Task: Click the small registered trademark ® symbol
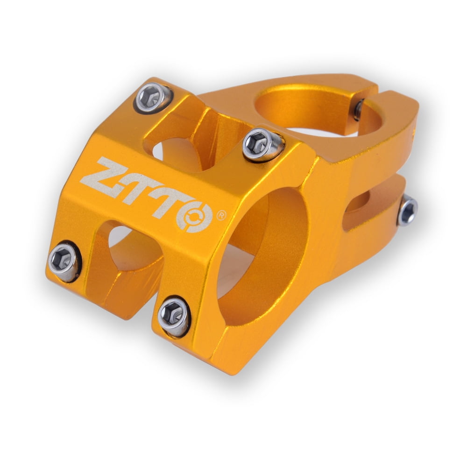(x=222, y=216)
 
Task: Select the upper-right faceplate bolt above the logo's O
(x=262, y=144)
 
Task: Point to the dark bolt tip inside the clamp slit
(x=359, y=110)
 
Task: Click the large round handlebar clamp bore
(x=262, y=257)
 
